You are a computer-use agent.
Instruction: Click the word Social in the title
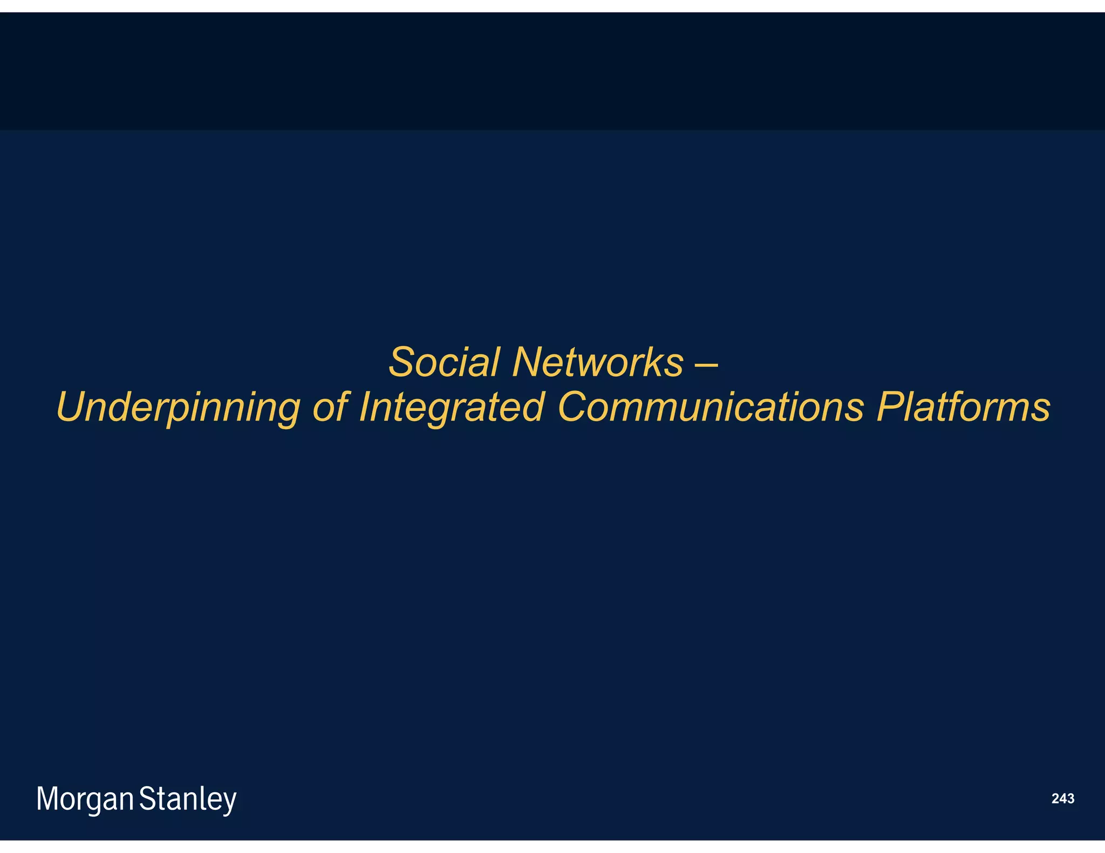[x=444, y=362]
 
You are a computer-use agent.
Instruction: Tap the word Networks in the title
[x=598, y=362]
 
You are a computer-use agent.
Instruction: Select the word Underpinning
[x=178, y=408]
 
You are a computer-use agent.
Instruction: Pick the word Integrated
[x=451, y=408]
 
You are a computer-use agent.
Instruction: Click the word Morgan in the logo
[x=85, y=800]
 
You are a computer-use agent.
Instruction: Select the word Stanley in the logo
[x=188, y=800]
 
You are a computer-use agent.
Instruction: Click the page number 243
[x=1062, y=799]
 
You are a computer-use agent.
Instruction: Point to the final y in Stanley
[x=230, y=803]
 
